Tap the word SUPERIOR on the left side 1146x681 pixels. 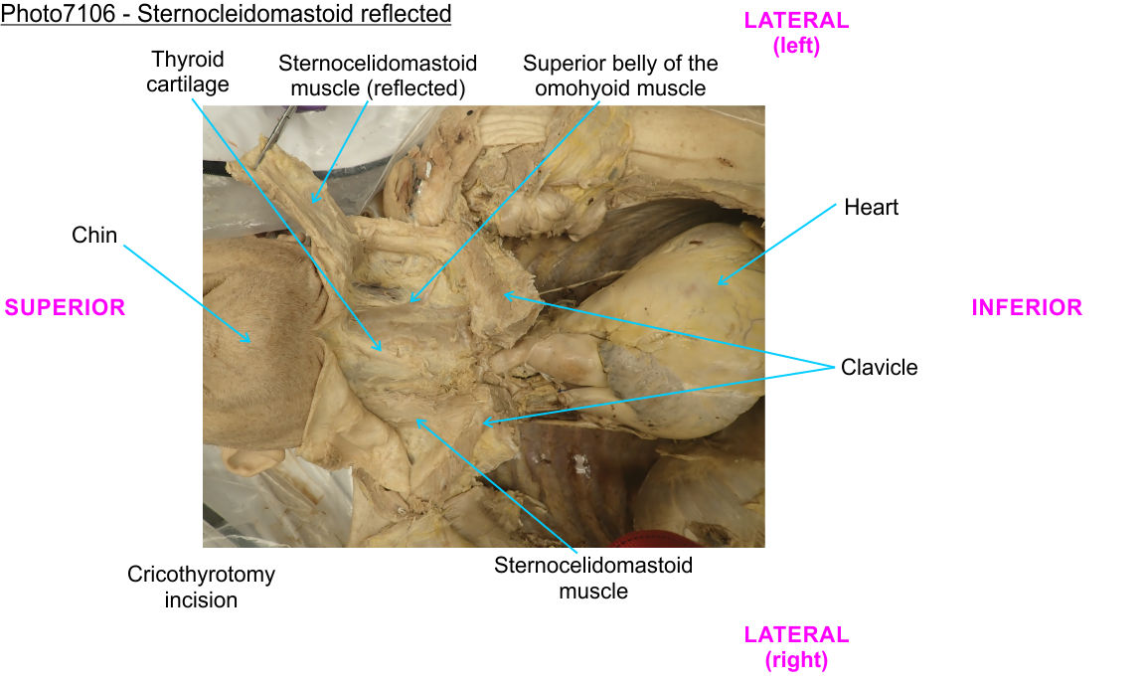pyautogui.click(x=65, y=307)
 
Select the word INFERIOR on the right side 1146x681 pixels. pyautogui.click(x=1027, y=307)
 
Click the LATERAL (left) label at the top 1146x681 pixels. pyautogui.click(x=796, y=33)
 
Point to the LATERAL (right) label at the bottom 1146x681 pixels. pyautogui.click(x=796, y=646)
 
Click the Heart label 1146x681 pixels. pyautogui.click(x=871, y=207)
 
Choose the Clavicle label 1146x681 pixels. pyautogui.click(x=879, y=367)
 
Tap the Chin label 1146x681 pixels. pyautogui.click(x=94, y=236)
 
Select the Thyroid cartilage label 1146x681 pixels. pyautogui.click(x=187, y=72)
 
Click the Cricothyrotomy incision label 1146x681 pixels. pyautogui.click(x=201, y=587)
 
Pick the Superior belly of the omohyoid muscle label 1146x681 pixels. pyautogui.click(x=620, y=76)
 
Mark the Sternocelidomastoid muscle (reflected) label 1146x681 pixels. pyautogui.click(x=377, y=76)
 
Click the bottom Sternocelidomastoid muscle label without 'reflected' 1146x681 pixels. pyautogui.click(x=593, y=578)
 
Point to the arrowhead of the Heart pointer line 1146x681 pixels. pyautogui.click(x=718, y=284)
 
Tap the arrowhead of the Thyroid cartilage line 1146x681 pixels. pyautogui.click(x=381, y=350)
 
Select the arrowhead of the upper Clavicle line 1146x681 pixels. pyautogui.click(x=503, y=294)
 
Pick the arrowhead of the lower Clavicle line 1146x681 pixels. pyautogui.click(x=484, y=424)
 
